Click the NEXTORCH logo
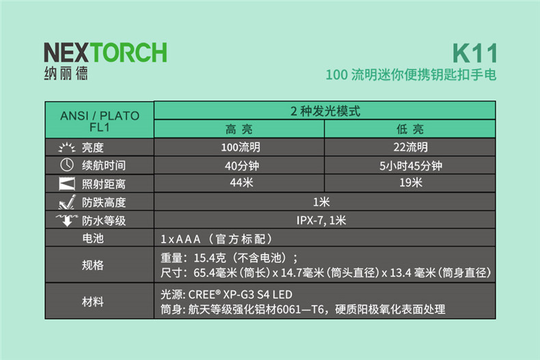pos(105,53)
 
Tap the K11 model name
pos(475,53)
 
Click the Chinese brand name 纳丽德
pos(66,73)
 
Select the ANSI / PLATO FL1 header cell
pos(100,121)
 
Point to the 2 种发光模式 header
pos(325,111)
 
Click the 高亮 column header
pos(239,129)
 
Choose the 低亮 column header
pos(410,129)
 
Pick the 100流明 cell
pos(241,148)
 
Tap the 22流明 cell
pos(411,148)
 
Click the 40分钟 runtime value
pos(242,166)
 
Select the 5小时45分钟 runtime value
pos(411,166)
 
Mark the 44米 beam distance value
pos(241,182)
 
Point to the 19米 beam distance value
pos(411,182)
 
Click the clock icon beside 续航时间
pos(67,165)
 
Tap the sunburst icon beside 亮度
pos(67,148)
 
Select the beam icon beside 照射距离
pos(67,184)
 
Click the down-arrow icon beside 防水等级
pos(67,220)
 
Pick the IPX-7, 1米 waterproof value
pos(321,220)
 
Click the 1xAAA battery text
pos(180,239)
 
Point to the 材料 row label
pos(93,302)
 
